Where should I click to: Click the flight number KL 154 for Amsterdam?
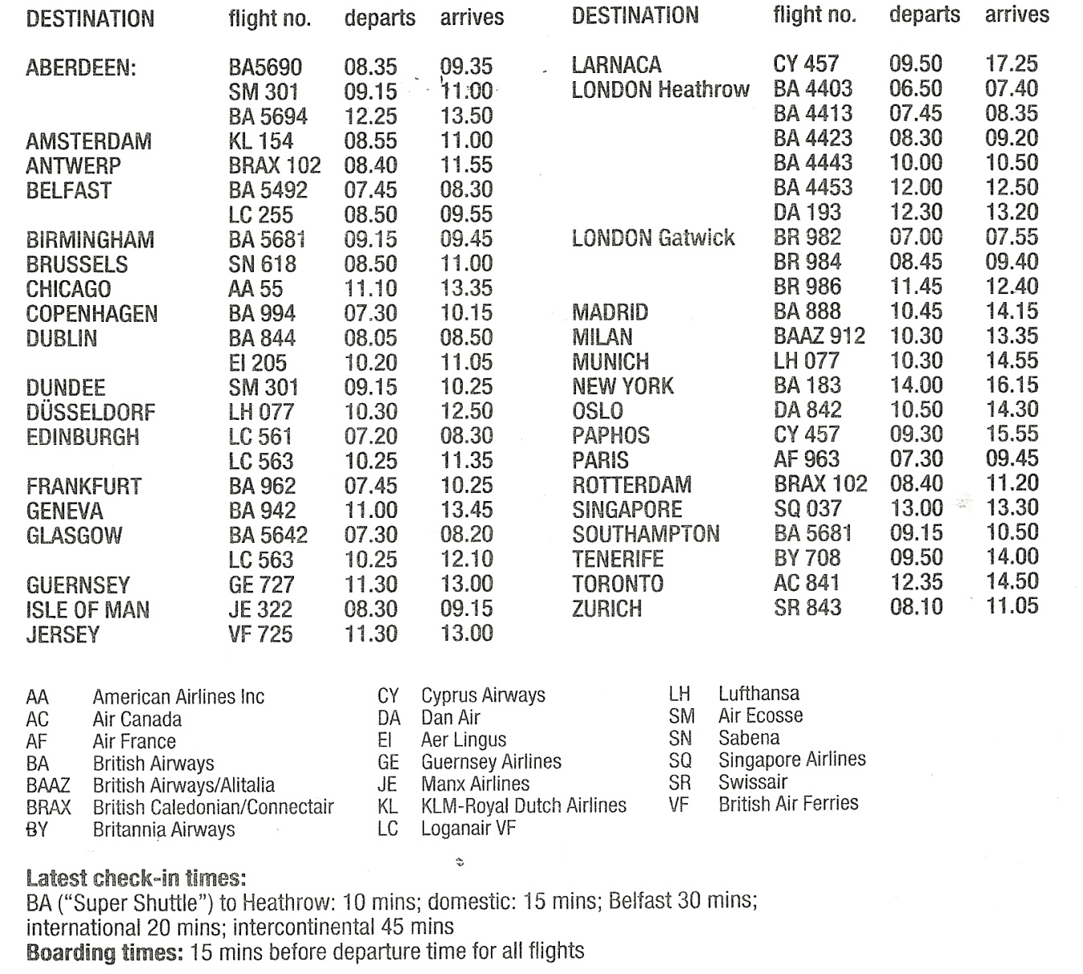click(261, 141)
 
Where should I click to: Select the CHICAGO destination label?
click(68, 289)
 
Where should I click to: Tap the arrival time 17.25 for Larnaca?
click(1011, 63)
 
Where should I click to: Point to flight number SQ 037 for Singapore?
click(807, 509)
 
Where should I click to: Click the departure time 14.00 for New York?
click(916, 385)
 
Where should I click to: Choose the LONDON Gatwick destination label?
click(652, 238)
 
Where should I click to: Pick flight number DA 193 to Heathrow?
click(807, 212)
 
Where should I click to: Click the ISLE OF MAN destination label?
click(88, 609)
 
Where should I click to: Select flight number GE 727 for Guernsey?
click(261, 585)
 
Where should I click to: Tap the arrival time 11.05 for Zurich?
click(1011, 606)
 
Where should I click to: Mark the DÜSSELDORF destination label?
click(91, 413)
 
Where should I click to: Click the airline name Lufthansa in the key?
click(758, 694)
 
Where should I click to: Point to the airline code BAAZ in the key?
click(48, 785)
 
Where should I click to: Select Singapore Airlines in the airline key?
click(791, 760)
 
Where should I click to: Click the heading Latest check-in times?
click(136, 878)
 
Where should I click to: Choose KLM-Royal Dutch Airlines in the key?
click(523, 805)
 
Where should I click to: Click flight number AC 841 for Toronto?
click(807, 583)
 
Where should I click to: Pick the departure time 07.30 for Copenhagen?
click(370, 313)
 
